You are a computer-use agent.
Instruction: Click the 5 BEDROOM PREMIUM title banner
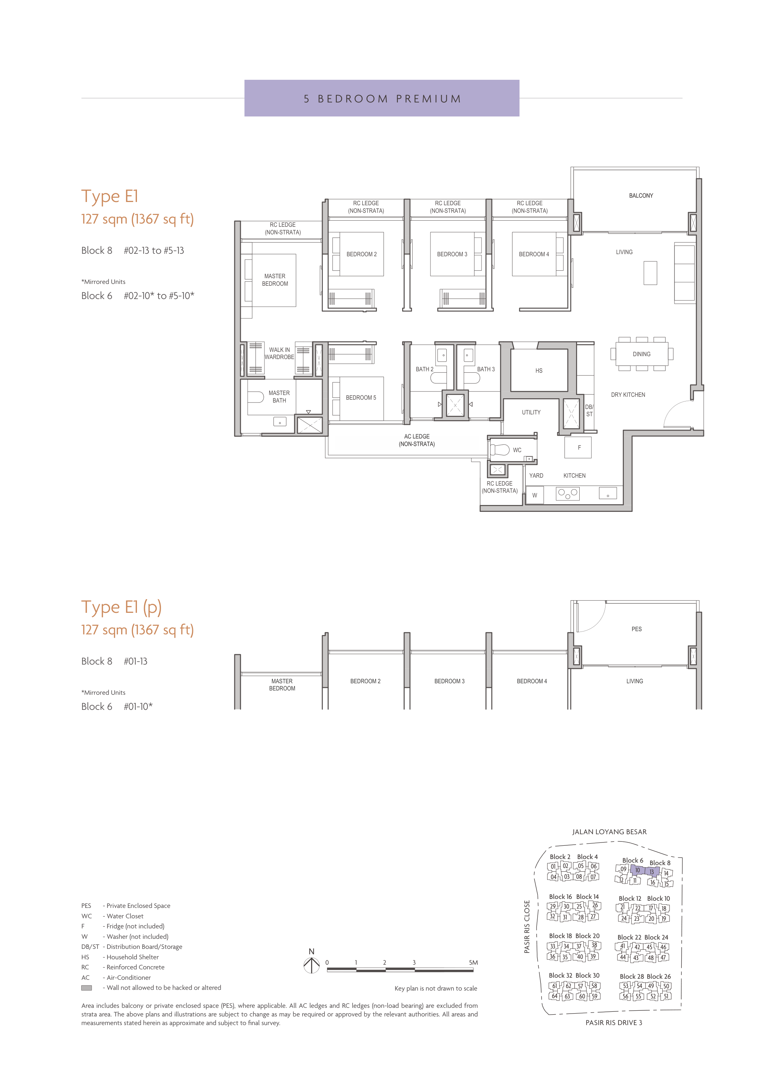point(382,98)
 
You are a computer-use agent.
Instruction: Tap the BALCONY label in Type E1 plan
point(641,195)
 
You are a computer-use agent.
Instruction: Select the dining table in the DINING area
point(641,354)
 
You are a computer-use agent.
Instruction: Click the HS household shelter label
point(539,371)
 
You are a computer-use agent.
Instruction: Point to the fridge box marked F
point(578,447)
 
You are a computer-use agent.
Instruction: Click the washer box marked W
point(534,495)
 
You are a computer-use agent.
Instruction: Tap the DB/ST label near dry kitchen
point(589,410)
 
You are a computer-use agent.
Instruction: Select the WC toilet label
point(516,450)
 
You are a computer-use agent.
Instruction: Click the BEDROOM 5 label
point(361,398)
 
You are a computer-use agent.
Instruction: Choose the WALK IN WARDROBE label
point(280,353)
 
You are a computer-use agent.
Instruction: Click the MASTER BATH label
point(279,397)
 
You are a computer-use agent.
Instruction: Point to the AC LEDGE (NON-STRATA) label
point(417,440)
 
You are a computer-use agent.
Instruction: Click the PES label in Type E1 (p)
point(636,629)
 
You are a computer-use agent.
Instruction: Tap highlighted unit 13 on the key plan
point(652,872)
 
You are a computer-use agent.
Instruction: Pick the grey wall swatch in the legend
point(87,988)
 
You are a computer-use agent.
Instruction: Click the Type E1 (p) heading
point(121,607)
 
